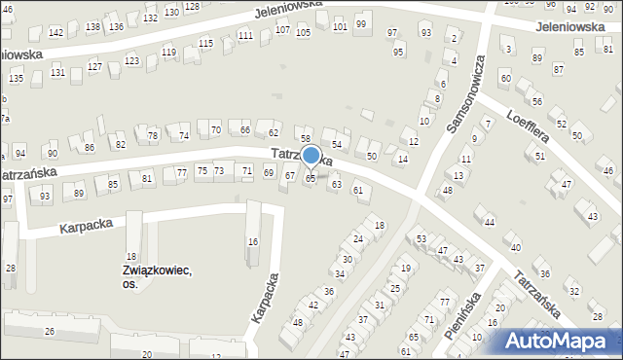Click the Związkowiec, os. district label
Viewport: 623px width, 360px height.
156,277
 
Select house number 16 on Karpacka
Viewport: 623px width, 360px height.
253,241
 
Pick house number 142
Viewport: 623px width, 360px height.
55,33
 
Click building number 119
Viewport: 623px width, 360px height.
169,52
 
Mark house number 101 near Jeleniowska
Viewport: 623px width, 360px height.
339,26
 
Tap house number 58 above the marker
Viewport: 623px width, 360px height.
305,140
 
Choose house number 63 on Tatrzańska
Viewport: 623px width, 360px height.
337,184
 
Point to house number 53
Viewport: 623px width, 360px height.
421,238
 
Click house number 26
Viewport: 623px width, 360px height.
50,332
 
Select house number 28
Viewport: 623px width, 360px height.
11,268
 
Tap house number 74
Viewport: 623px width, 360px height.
184,135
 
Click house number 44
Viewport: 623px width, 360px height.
490,223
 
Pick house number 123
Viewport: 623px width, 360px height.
131,60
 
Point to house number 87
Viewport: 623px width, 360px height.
558,70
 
